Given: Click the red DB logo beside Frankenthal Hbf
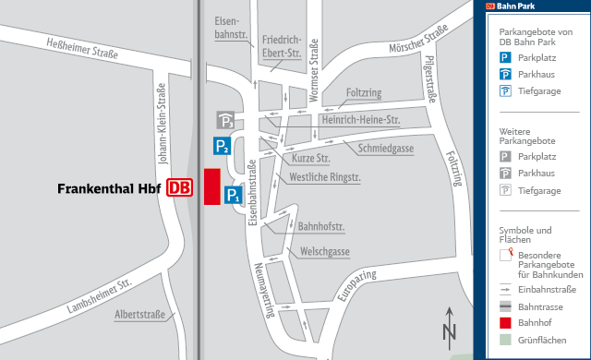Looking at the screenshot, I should (180, 187).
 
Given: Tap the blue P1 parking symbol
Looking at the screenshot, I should (234, 196).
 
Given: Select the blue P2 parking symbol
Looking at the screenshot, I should (223, 145).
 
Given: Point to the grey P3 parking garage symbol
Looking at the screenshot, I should (225, 120).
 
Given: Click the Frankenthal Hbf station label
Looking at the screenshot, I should (109, 188).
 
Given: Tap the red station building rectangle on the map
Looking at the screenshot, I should (211, 186).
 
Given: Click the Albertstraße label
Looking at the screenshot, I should (139, 315).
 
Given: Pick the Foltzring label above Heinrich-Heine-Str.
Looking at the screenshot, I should (364, 93).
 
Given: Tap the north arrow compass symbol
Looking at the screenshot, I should (450, 325).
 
